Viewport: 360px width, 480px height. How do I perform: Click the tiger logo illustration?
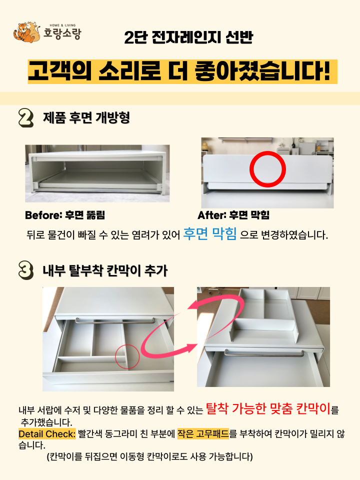[x=26, y=32]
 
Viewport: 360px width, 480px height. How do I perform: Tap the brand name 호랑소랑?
[x=62, y=33]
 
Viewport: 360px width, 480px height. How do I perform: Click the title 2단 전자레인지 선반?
[x=188, y=37]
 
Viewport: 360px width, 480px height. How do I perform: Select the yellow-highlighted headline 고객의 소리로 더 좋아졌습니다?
[x=182, y=71]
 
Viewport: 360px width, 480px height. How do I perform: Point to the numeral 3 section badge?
[x=26, y=270]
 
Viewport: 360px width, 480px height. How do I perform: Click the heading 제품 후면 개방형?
[x=86, y=117]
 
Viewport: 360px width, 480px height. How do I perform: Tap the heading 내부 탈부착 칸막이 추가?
[x=105, y=270]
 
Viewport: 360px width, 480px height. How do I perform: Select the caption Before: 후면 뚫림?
[x=65, y=215]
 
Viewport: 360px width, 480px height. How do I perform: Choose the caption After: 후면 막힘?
[x=233, y=215]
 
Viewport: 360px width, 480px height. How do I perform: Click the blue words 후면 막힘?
[x=210, y=234]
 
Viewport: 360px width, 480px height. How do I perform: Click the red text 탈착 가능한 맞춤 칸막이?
[x=268, y=408]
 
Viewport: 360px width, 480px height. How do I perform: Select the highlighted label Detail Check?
[x=47, y=434]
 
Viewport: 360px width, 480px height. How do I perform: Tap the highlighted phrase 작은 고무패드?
[x=203, y=434]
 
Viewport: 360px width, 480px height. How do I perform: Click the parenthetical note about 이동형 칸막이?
[x=149, y=456]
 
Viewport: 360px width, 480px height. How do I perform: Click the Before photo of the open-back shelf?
[x=97, y=173]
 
